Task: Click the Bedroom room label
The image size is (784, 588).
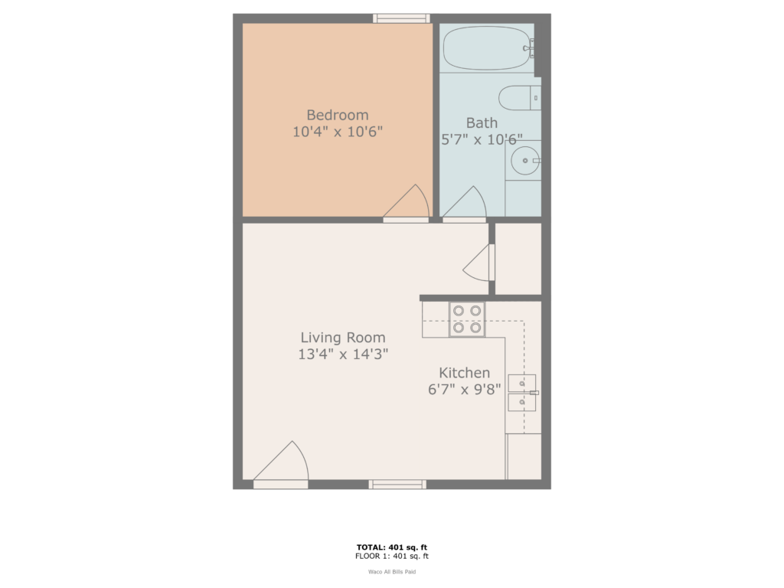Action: pyautogui.click(x=337, y=115)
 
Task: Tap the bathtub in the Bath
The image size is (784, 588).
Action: pyautogui.click(x=487, y=48)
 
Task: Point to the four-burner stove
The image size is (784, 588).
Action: pyautogui.click(x=466, y=319)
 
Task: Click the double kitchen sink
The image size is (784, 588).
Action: pyautogui.click(x=521, y=393)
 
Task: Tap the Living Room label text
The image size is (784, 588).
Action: pyautogui.click(x=342, y=337)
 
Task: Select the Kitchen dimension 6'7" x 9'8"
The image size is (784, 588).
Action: pyautogui.click(x=464, y=388)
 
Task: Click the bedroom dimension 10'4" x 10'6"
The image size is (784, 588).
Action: pyautogui.click(x=337, y=132)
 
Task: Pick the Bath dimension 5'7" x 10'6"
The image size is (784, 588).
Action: pyautogui.click(x=482, y=139)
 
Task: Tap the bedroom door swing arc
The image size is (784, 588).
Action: pyautogui.click(x=410, y=202)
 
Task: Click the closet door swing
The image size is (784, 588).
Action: pyautogui.click(x=479, y=263)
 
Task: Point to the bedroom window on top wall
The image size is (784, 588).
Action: pyautogui.click(x=401, y=18)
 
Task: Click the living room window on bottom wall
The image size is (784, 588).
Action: pyautogui.click(x=397, y=484)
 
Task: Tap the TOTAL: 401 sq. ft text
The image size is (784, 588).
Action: pyautogui.click(x=391, y=547)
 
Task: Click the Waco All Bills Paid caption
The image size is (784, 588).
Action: pyautogui.click(x=391, y=571)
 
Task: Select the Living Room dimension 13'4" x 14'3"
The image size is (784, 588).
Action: pyautogui.click(x=342, y=354)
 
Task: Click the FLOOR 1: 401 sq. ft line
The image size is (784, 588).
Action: pyautogui.click(x=391, y=556)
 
